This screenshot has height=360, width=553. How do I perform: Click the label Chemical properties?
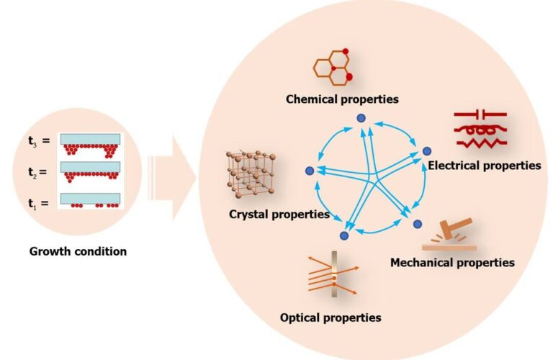pyautogui.click(x=342, y=98)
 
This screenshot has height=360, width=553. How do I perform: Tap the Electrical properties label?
pyautogui.click(x=484, y=165)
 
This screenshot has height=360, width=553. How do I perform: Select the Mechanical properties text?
pyautogui.click(x=452, y=262)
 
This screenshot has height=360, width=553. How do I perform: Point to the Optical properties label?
pyautogui.click(x=331, y=317)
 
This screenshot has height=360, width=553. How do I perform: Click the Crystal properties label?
pyautogui.click(x=279, y=214)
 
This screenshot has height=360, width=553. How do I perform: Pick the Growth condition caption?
pyautogui.click(x=78, y=252)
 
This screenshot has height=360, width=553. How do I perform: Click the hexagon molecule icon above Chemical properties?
pyautogui.click(x=333, y=66)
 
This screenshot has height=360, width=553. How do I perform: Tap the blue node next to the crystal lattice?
pyautogui.click(x=310, y=171)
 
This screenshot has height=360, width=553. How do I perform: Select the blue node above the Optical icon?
pyautogui.click(x=344, y=235)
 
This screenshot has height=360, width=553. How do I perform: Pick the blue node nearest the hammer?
pyautogui.click(x=416, y=224)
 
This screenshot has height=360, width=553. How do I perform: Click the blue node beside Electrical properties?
pyautogui.click(x=427, y=151)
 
